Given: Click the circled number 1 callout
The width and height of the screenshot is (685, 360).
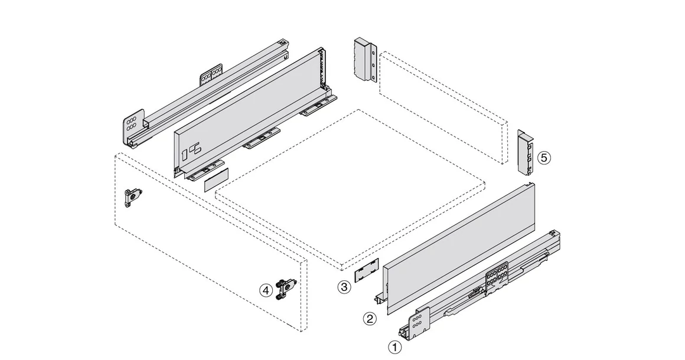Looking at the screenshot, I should [x=394, y=347].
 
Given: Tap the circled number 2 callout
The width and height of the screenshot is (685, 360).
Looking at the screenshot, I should [x=369, y=319].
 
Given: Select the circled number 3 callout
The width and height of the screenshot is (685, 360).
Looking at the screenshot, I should [x=344, y=287].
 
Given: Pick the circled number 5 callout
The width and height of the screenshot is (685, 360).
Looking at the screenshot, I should [x=544, y=158].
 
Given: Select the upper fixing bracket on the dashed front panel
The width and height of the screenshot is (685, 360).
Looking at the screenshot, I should [x=133, y=197].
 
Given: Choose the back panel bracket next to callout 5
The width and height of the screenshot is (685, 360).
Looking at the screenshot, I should [x=525, y=152].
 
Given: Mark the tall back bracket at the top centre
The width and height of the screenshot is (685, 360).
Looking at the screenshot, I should [x=364, y=60].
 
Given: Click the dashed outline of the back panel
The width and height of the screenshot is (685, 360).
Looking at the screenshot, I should [x=443, y=106].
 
